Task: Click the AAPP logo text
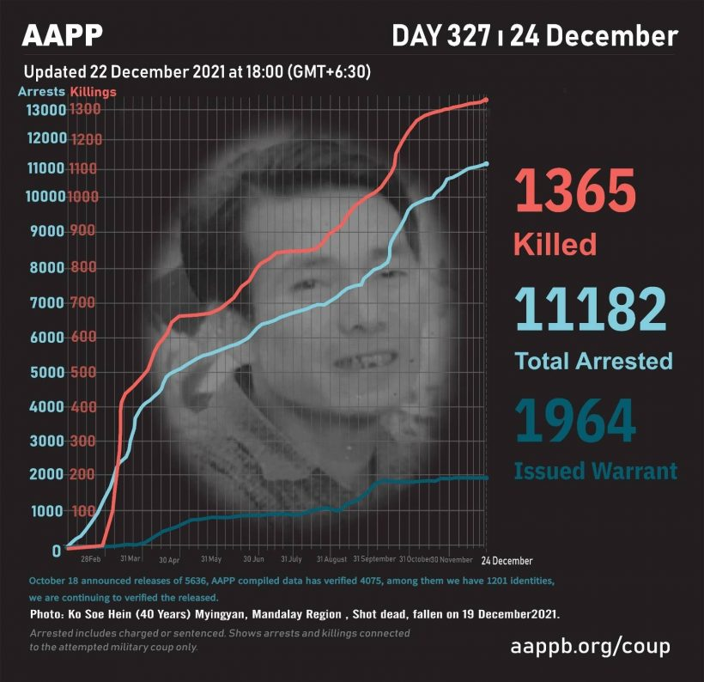[x=63, y=35]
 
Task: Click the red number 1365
[x=575, y=192]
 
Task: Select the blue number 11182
[x=591, y=309]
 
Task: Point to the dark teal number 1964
[x=575, y=421]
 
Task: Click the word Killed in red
[x=555, y=244]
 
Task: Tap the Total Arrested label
[x=593, y=361]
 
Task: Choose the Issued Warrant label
[x=595, y=471]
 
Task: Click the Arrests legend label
[x=40, y=90]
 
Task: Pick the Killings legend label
[x=93, y=90]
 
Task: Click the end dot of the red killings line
[x=486, y=100]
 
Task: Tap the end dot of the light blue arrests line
[x=487, y=164]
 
